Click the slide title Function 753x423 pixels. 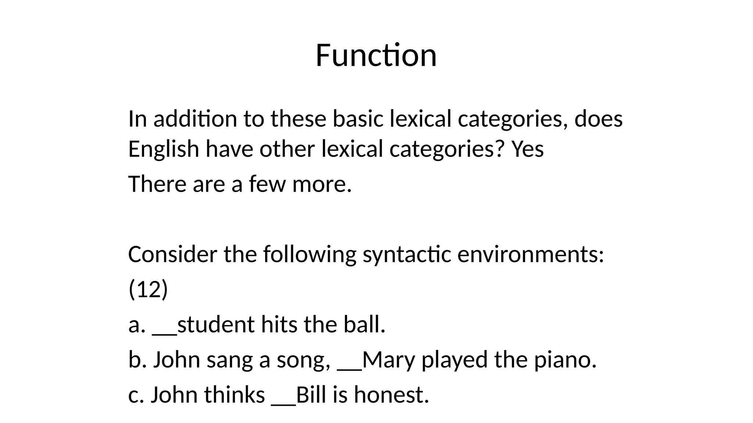(x=376, y=55)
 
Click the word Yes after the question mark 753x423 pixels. (x=528, y=149)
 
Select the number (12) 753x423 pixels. (x=148, y=289)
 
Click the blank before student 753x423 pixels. (x=165, y=333)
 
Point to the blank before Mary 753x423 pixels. (x=350, y=368)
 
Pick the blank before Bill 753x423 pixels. (x=283, y=403)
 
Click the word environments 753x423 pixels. (x=530, y=254)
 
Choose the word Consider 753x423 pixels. (x=172, y=254)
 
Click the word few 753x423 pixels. (x=267, y=184)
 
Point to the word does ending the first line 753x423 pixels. (x=598, y=119)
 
